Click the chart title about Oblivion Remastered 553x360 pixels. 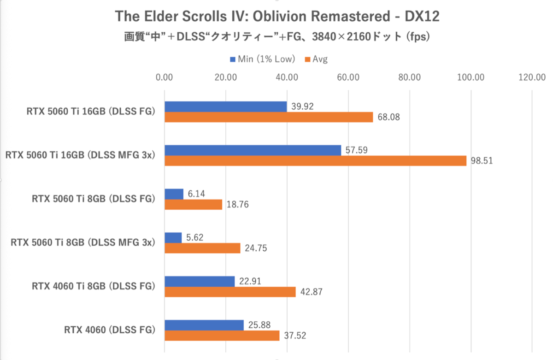[277, 17]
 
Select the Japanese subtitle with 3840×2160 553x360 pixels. [277, 37]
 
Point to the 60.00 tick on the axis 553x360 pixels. [348, 77]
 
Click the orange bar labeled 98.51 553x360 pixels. [315, 161]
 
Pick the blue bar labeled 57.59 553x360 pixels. [253, 150]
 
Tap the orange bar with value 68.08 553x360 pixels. [268, 117]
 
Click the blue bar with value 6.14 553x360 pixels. [174, 194]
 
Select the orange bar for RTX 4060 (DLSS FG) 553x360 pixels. [222, 336]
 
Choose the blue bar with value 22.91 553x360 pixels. [200, 281]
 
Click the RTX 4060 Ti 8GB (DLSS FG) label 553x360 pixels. [94, 286]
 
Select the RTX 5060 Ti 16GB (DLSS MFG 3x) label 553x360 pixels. [79, 155]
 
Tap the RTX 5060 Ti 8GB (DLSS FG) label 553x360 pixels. [94, 199]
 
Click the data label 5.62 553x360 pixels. [196, 237]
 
